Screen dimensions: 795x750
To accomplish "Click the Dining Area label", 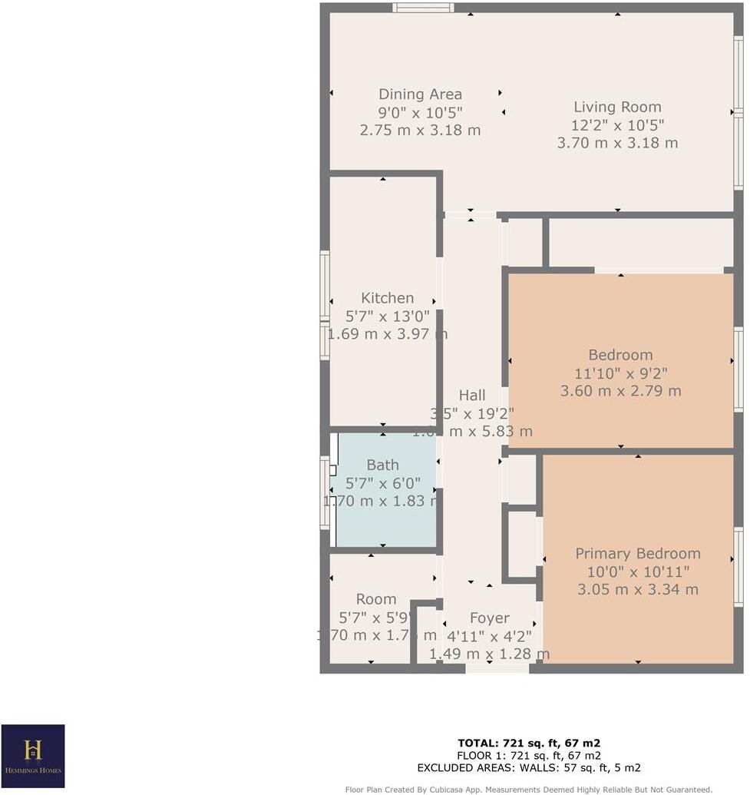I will point(420,94).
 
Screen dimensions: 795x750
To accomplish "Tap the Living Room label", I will point(617,108).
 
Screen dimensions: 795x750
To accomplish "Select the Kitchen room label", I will point(388,298).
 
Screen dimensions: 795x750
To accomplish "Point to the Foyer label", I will point(489,618).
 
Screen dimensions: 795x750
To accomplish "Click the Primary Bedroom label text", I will point(638,554).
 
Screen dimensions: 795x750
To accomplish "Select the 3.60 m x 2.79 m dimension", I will point(620,391).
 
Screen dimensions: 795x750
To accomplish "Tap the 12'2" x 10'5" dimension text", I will point(617,125).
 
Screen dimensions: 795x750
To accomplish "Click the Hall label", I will point(472,396).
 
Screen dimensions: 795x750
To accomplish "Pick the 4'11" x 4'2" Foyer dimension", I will point(489,636).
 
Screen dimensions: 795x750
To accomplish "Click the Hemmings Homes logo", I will point(32,757).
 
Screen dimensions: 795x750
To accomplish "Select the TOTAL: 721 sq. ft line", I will point(528,743).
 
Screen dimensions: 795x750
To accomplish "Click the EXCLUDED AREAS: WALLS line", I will point(528,767).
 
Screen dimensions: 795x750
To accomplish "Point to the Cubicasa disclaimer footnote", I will point(528,789).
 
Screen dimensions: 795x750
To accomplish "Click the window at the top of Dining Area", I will point(423,8).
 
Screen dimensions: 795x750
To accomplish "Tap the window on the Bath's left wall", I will point(325,492).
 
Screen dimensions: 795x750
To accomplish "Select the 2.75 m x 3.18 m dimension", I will point(420,131).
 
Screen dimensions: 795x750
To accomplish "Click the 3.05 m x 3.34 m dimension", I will point(638,590).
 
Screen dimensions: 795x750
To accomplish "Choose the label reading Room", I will point(376,599).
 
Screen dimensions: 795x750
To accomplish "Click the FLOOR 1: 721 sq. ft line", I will point(528,755).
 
